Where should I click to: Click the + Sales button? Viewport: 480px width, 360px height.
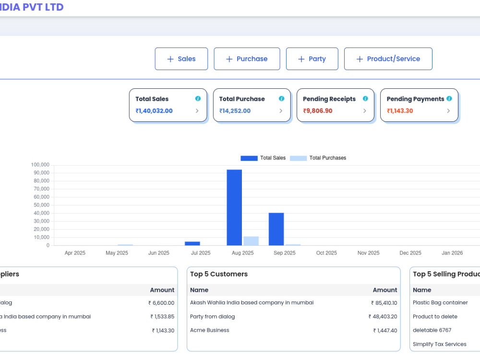click(181, 59)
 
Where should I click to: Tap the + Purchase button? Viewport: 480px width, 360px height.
click(247, 59)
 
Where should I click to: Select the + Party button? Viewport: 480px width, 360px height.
click(312, 59)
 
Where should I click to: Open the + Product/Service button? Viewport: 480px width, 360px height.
click(388, 59)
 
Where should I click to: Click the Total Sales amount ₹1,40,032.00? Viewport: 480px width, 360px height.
click(154, 111)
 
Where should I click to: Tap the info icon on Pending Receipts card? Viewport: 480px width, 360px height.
click(365, 98)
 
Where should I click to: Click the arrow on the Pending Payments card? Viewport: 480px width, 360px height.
click(448, 111)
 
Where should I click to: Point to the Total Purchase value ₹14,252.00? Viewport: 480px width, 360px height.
click(235, 111)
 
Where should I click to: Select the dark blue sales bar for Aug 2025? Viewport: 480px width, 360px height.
click(234, 207)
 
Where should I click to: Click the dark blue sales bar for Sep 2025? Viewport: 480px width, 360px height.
click(276, 229)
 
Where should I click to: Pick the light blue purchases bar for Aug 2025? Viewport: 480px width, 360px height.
click(251, 241)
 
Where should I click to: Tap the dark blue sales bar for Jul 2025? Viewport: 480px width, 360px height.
click(192, 244)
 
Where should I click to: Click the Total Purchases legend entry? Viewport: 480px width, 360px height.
click(318, 158)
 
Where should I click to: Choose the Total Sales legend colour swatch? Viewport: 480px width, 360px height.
click(249, 158)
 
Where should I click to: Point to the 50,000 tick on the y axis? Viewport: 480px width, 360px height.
click(41, 205)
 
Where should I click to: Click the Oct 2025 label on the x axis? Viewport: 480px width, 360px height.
click(326, 253)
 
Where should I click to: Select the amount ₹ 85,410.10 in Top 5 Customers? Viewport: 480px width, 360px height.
click(384, 303)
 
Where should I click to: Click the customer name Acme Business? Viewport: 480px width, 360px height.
click(210, 330)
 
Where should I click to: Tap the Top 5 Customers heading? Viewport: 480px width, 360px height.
click(219, 274)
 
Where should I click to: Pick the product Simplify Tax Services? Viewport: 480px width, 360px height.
click(440, 344)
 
